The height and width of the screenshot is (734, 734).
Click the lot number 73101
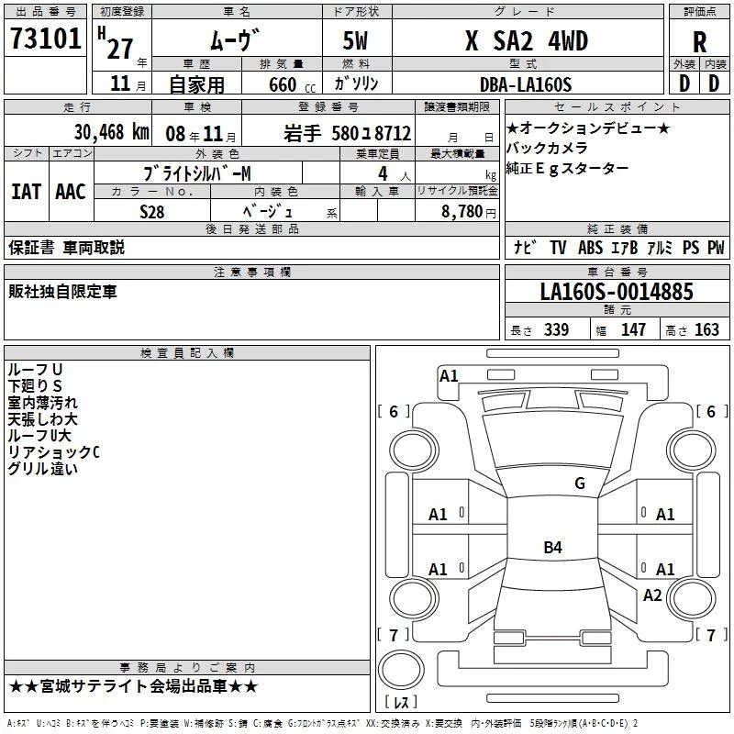click(x=45, y=39)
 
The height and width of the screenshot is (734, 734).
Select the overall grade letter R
click(x=699, y=42)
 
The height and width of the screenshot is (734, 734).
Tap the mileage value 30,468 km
click(x=112, y=132)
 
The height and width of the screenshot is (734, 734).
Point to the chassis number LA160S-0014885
click(x=617, y=292)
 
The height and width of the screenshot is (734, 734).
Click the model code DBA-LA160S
click(x=526, y=84)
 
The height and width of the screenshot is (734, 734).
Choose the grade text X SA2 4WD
click(x=527, y=40)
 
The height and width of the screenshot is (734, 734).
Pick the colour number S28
click(x=151, y=212)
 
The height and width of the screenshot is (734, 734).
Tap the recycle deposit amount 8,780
click(x=462, y=211)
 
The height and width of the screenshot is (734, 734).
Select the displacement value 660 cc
click(x=292, y=85)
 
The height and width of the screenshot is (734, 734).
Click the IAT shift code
click(x=26, y=192)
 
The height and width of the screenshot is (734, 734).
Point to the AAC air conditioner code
click(x=71, y=192)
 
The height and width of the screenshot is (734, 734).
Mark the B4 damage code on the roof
click(x=552, y=547)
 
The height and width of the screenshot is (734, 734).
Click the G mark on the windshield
click(x=580, y=484)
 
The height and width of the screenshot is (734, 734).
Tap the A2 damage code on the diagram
click(x=652, y=595)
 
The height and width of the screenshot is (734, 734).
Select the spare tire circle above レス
click(x=401, y=670)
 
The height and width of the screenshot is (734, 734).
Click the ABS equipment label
click(x=590, y=248)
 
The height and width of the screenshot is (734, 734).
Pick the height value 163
click(x=706, y=329)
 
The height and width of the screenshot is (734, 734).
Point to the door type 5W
click(x=355, y=40)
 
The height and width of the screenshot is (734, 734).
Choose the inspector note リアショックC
click(x=53, y=452)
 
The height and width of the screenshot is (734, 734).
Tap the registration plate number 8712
click(x=393, y=133)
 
